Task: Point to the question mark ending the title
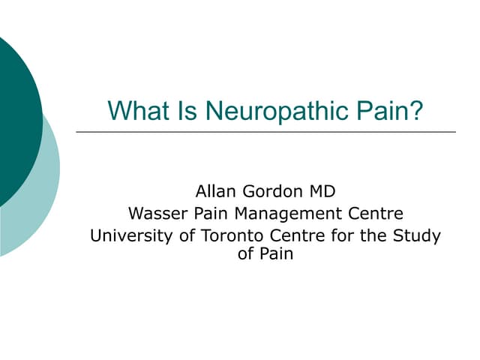click(416, 111)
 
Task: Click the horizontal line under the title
click(265, 132)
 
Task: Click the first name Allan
click(217, 190)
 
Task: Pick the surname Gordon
click(271, 190)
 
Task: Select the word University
click(130, 235)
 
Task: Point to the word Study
click(416, 236)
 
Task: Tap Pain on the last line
click(276, 253)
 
